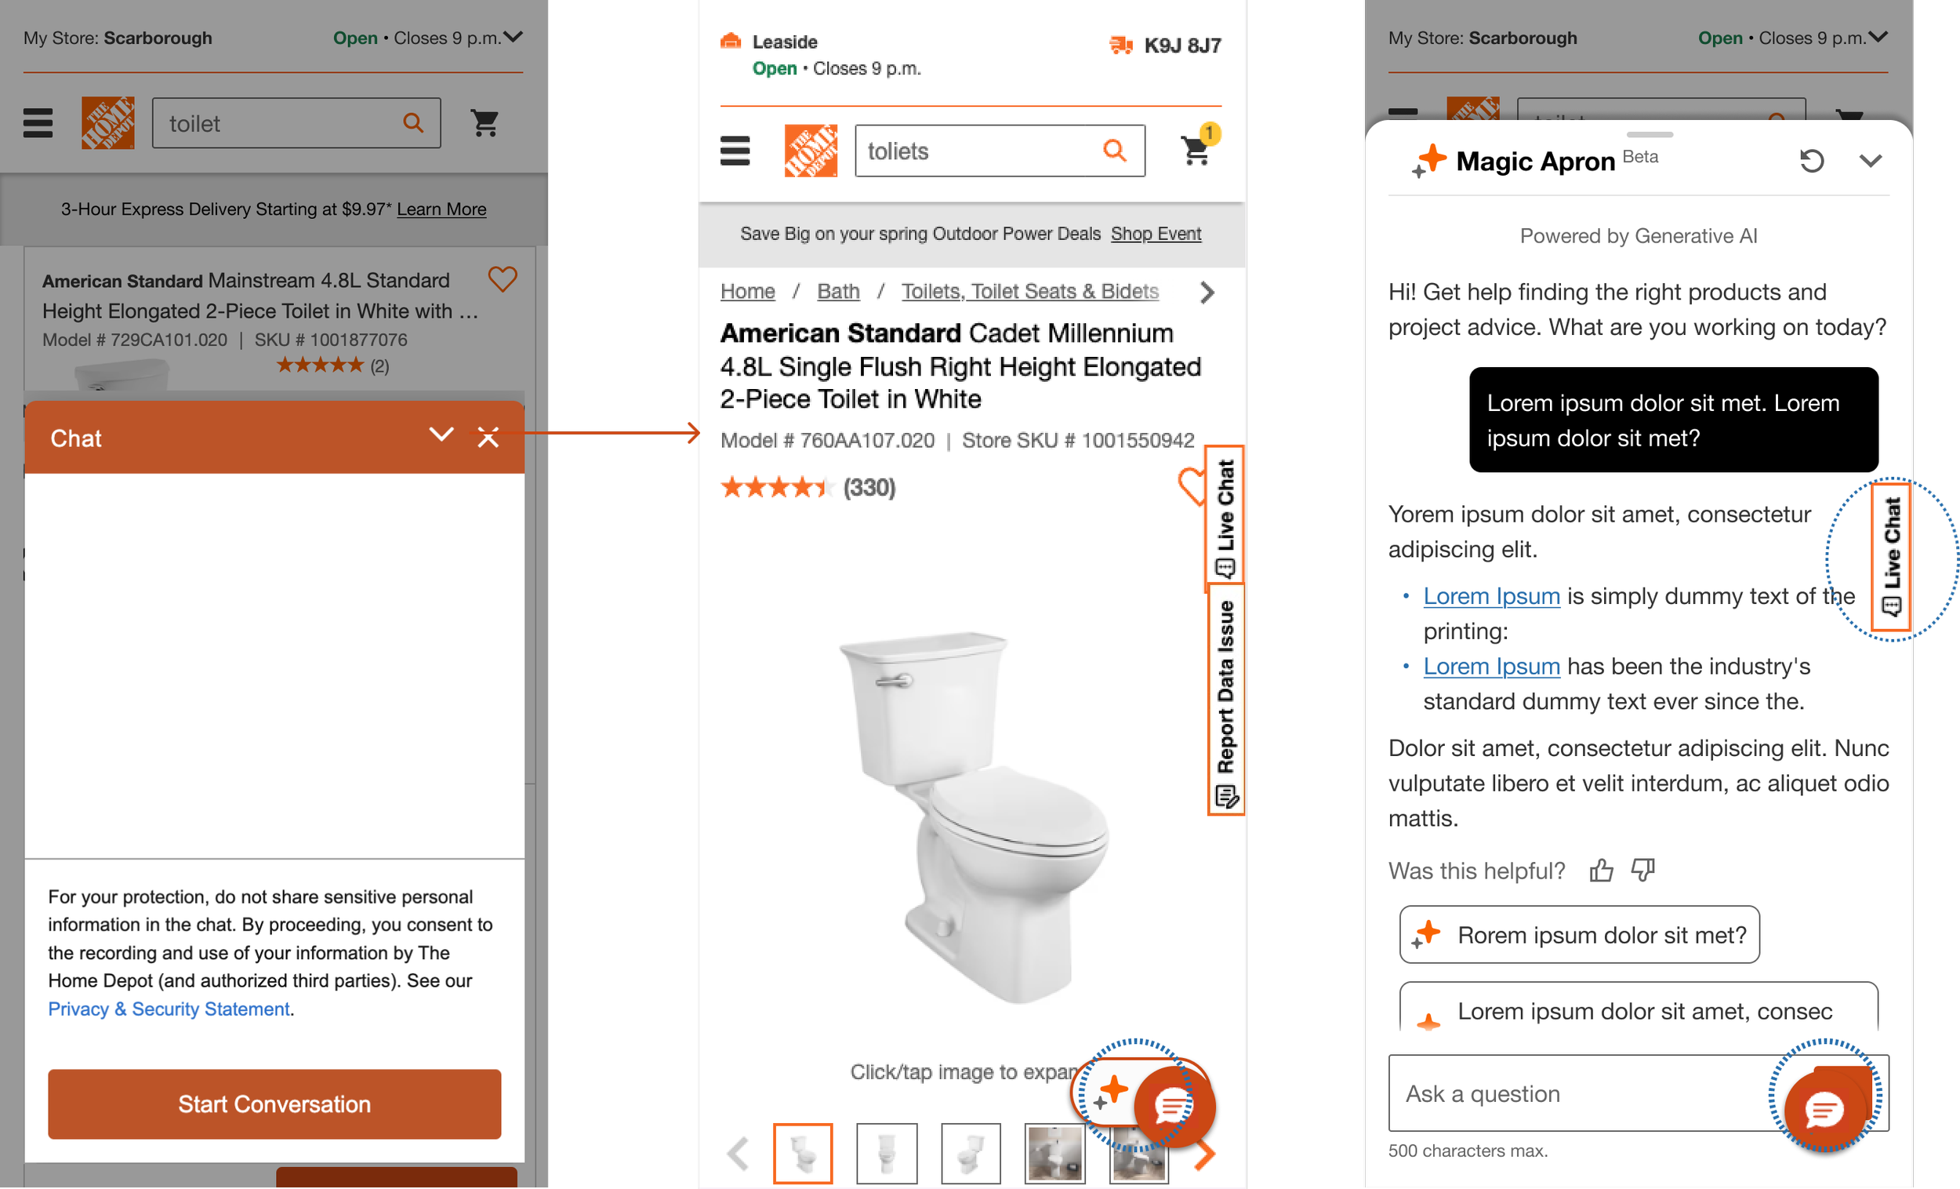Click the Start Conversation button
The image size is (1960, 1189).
[x=274, y=1104]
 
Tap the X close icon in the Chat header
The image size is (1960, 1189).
[x=488, y=437]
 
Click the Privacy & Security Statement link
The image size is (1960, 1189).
[x=169, y=1009]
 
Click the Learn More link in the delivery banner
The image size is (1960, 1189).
[x=441, y=209]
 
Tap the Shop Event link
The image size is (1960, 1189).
[x=1156, y=234]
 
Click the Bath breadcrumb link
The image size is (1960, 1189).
[x=838, y=291]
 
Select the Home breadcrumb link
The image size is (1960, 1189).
[x=747, y=291]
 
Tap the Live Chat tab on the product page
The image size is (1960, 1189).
[x=1225, y=518]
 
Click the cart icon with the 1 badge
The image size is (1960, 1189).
[x=1197, y=148]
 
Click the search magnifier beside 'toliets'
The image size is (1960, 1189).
[x=1114, y=150]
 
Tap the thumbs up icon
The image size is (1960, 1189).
[x=1600, y=870]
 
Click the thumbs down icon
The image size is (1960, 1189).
[x=1642, y=870]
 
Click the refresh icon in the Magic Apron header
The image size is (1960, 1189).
[x=1811, y=162]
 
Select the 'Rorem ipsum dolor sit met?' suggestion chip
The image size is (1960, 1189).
[x=1579, y=934]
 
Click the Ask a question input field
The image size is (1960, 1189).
[x=1583, y=1093]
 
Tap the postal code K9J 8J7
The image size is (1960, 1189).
[x=1182, y=45]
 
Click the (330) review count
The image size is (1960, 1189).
[x=869, y=487]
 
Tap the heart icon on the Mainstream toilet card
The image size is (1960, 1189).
[x=502, y=279]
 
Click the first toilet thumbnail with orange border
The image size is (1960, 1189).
[x=803, y=1153]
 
